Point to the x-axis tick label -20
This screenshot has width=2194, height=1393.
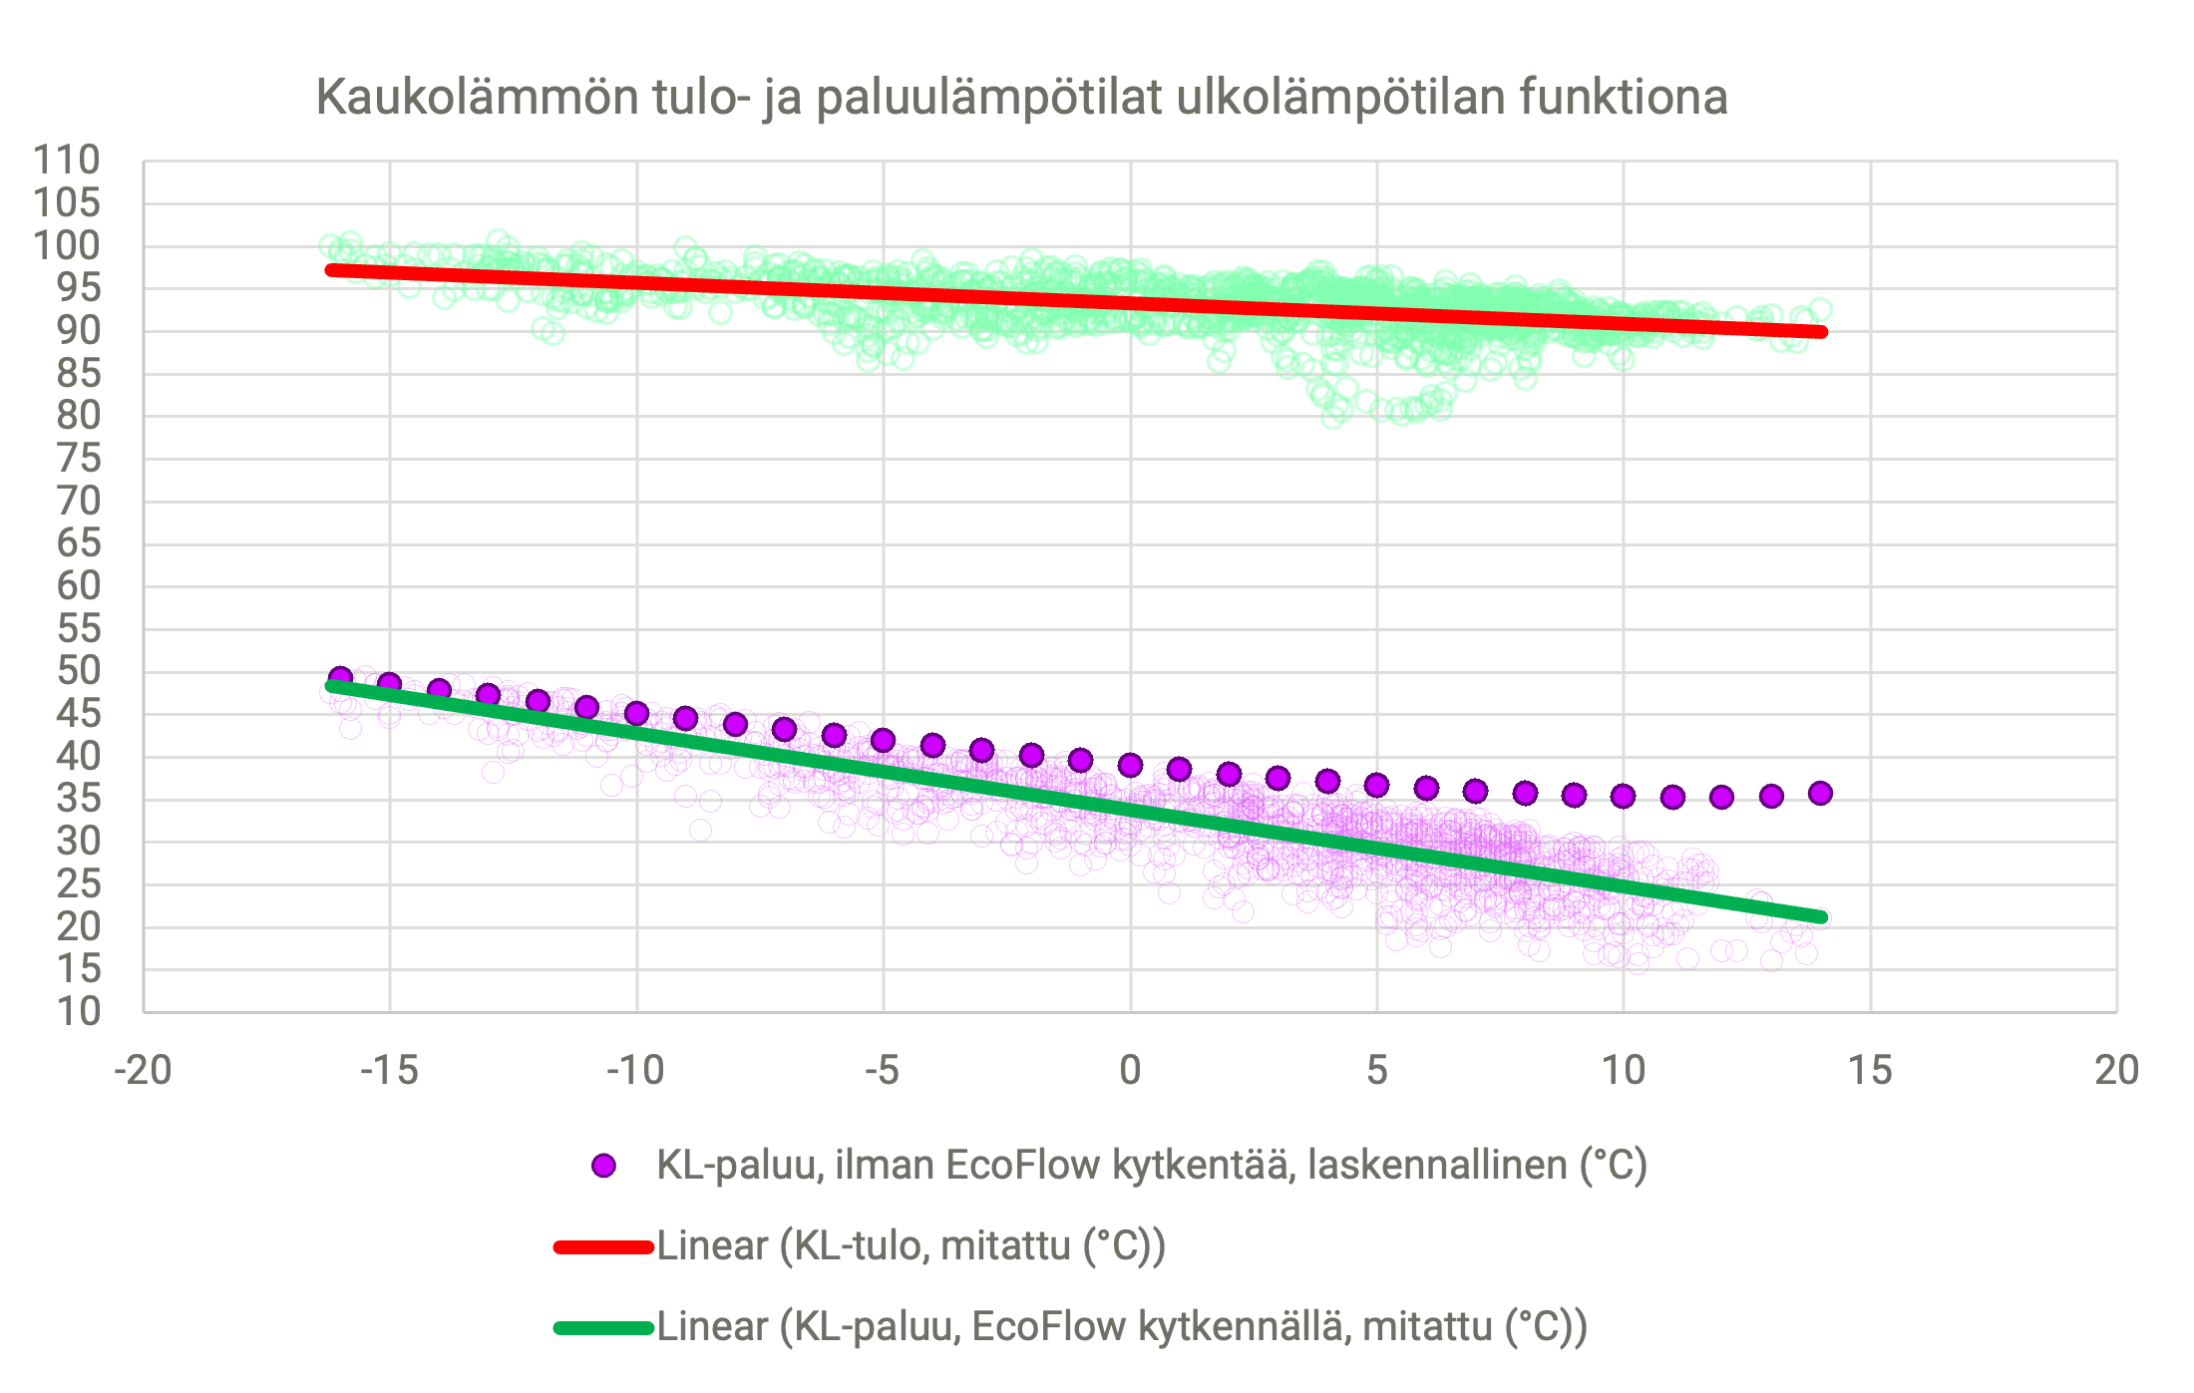click(x=143, y=1071)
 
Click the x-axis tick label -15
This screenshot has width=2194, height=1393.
click(x=389, y=1071)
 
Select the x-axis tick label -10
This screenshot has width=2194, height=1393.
click(x=635, y=1071)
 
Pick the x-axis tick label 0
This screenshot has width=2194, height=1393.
click(x=1130, y=1071)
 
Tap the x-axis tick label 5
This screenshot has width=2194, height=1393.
click(x=1377, y=1071)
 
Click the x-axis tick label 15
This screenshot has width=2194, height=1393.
click(x=1870, y=1071)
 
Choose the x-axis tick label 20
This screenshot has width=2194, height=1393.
click(x=2116, y=1071)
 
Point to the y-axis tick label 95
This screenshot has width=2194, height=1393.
click(x=78, y=288)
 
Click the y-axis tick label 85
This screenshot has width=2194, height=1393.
click(x=78, y=374)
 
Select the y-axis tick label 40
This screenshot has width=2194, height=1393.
click(x=78, y=757)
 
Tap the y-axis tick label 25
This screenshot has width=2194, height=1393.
click(x=78, y=883)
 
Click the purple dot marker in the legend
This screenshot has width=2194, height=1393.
click(x=603, y=1166)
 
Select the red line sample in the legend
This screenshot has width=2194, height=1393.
click(x=603, y=1246)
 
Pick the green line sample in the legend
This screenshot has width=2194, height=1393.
click(x=603, y=1327)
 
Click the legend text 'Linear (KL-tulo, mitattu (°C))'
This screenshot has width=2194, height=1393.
click(x=911, y=1246)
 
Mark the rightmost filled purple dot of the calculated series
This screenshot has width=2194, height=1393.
click(x=1820, y=794)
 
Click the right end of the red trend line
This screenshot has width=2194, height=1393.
click(x=1821, y=332)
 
